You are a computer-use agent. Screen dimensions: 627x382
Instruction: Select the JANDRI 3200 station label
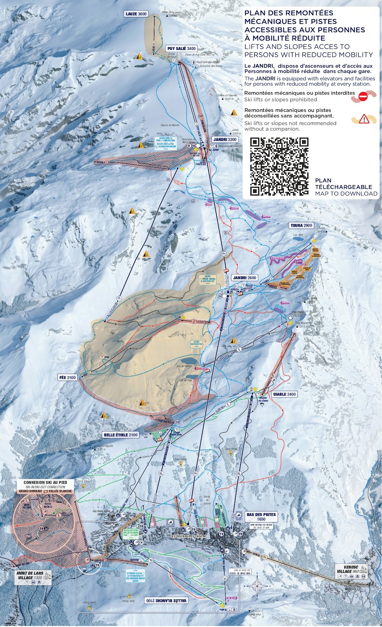coord(225,139)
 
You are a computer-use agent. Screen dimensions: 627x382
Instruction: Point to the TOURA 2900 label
coord(301,226)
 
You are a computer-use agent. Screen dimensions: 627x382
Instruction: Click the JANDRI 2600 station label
coord(244,278)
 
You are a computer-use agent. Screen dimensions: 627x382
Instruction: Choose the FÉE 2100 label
coord(67,377)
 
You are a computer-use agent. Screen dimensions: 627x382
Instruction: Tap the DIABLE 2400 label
coord(284,394)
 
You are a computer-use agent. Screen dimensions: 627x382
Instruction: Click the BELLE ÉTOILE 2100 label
coord(121,435)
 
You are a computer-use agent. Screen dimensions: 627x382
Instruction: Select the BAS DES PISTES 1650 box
coord(261,517)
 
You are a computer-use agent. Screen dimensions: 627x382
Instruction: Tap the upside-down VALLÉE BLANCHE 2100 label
coord(166,600)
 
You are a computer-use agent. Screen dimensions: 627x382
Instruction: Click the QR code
coord(279,166)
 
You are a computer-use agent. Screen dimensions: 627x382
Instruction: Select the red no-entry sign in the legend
coord(363,96)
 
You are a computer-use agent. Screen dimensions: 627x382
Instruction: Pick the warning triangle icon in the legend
coord(364,119)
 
